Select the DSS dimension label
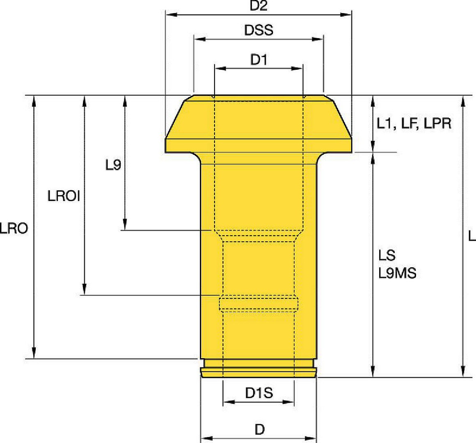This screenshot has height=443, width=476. click(259, 30)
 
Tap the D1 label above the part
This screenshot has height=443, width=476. click(259, 60)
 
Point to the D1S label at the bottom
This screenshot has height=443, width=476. click(259, 393)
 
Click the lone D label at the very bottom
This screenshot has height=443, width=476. click(260, 429)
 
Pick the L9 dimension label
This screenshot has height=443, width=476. click(113, 165)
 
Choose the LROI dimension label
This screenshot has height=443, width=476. click(64, 196)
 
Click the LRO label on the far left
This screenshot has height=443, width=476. click(14, 228)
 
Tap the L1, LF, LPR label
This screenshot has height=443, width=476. click(414, 123)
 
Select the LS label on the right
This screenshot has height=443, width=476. click(387, 256)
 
